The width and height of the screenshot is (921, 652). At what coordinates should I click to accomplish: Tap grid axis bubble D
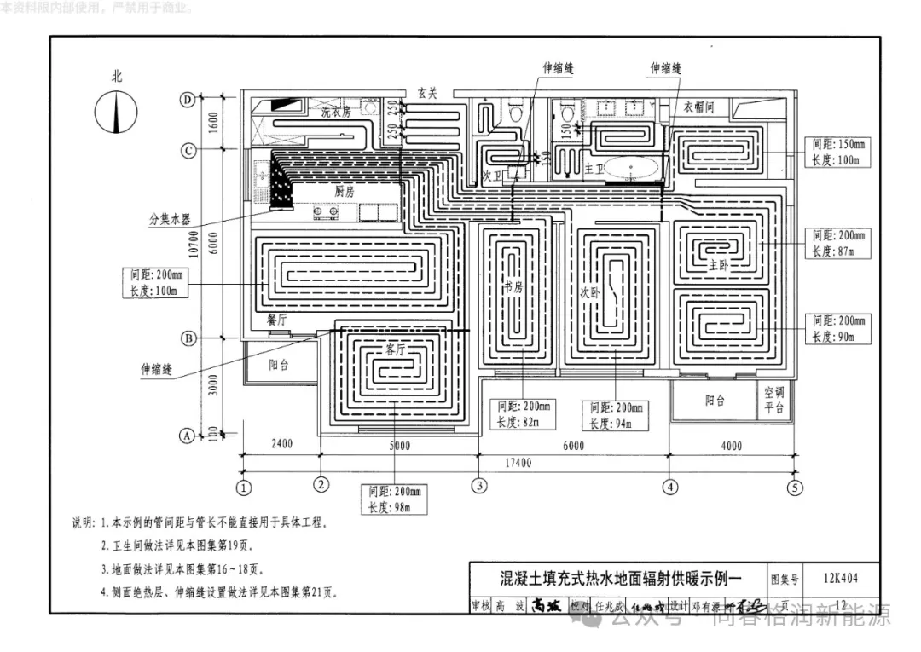(x=188, y=100)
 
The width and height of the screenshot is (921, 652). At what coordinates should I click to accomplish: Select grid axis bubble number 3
(x=480, y=487)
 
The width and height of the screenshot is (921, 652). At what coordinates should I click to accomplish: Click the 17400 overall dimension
(x=517, y=463)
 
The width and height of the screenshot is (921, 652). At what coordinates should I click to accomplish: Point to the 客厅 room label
(x=395, y=349)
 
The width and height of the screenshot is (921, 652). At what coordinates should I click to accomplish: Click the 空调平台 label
(x=773, y=400)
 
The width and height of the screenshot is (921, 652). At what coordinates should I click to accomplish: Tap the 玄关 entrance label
(x=427, y=94)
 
